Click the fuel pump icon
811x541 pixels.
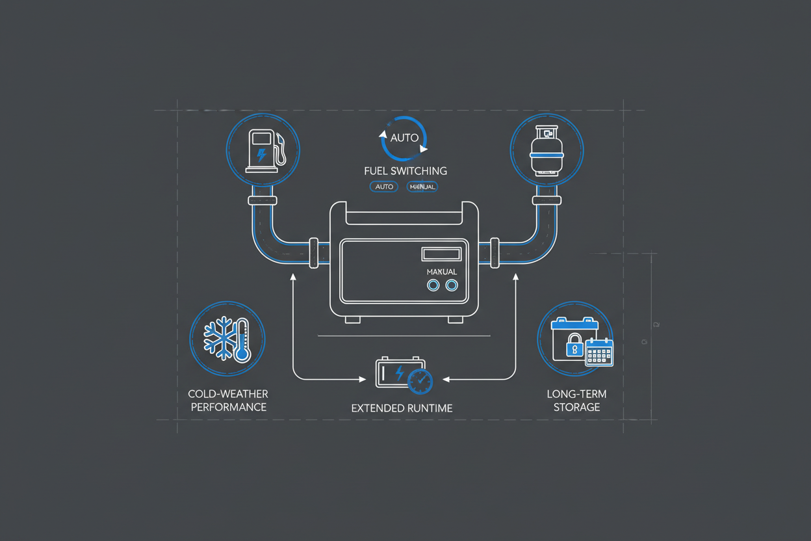tap(263, 150)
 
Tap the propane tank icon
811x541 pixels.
tap(547, 150)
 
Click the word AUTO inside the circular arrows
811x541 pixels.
tap(404, 139)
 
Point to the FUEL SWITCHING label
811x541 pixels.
tap(405, 171)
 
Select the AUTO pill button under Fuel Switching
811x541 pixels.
tap(384, 187)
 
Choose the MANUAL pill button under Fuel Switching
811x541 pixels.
tap(422, 187)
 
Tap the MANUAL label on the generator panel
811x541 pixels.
tap(441, 271)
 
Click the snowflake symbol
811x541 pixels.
tap(219, 338)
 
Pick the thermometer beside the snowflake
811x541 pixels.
tap(242, 340)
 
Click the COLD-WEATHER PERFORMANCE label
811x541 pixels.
tap(227, 401)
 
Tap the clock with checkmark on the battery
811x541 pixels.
tap(420, 381)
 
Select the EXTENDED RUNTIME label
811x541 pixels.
tap(402, 408)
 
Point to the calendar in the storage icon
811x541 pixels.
tap(599, 353)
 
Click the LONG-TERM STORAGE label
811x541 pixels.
tap(576, 401)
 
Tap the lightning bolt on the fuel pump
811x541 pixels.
tap(261, 154)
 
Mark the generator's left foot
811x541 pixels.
tap(353, 319)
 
